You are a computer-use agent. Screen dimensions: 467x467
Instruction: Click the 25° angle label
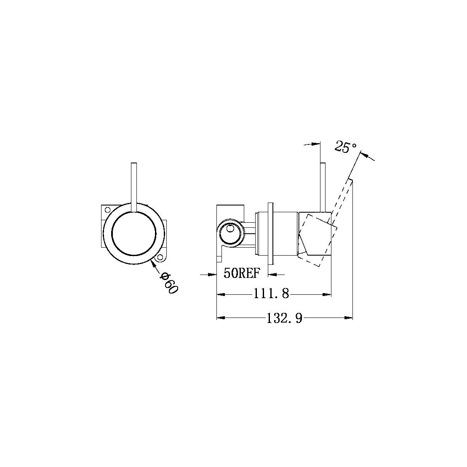tap(346, 147)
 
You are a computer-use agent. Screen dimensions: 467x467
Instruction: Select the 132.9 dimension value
tap(284, 318)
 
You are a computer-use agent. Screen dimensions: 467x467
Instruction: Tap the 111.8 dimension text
tap(271, 294)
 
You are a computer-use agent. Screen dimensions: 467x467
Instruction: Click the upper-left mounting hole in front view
tap(107, 209)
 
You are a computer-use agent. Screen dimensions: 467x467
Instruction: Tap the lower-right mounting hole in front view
tap(160, 258)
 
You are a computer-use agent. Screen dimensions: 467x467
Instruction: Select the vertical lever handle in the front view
tap(134, 185)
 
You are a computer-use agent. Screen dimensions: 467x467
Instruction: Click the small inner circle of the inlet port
tap(229, 229)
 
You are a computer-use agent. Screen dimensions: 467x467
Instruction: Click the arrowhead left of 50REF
tap(212, 275)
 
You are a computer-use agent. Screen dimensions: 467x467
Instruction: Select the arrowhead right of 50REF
tap(272, 275)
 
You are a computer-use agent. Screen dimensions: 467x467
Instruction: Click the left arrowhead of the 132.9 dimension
tap(220, 318)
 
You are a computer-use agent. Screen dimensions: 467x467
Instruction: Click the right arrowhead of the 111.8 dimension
tap(328, 294)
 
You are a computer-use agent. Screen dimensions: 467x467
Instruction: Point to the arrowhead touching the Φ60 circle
tap(153, 263)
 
